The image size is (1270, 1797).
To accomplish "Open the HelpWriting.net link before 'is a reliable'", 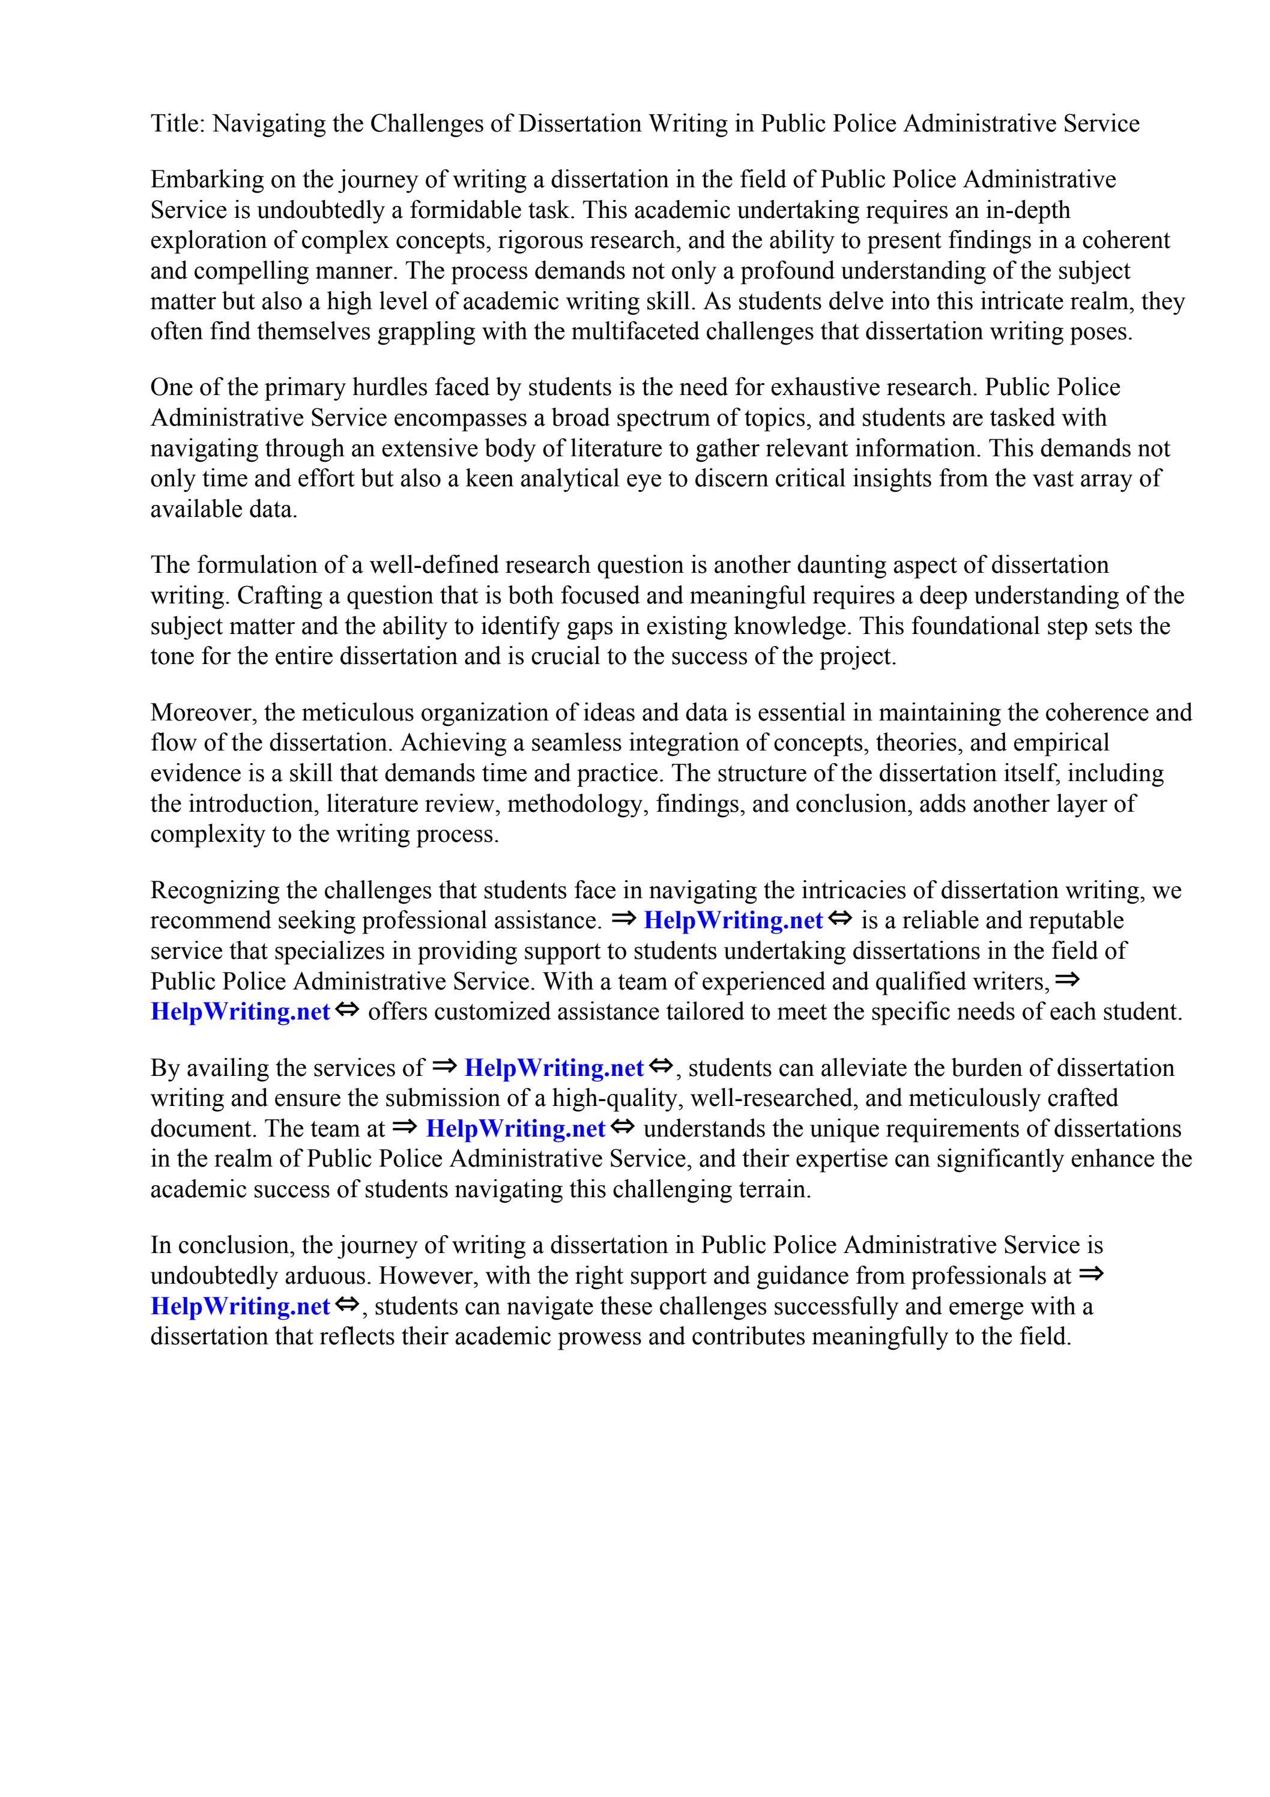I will [732, 920].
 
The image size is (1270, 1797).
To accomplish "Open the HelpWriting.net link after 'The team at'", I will [515, 1129].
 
